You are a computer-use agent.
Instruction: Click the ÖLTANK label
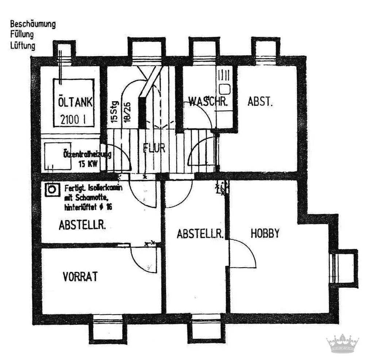click(75, 102)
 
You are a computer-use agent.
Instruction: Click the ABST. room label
click(260, 102)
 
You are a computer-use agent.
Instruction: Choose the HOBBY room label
click(265, 233)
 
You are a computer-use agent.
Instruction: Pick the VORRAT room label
click(80, 276)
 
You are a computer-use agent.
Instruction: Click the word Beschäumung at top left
click(33, 24)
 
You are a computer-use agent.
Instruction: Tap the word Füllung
click(22, 35)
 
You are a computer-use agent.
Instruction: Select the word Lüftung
click(23, 46)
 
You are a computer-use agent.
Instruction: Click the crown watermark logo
click(342, 343)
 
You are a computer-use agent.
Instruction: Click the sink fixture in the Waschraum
click(224, 88)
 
